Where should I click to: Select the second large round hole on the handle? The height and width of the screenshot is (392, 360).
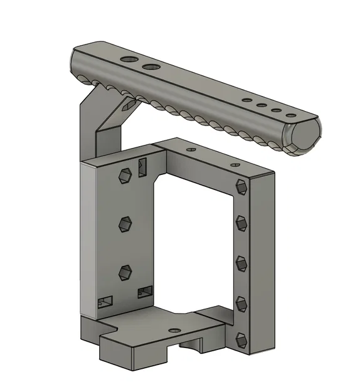[151, 66]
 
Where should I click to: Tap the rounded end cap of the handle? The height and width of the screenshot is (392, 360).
[302, 138]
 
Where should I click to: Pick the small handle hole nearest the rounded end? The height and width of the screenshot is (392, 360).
[290, 115]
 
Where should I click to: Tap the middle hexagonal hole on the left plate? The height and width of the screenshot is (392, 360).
[125, 223]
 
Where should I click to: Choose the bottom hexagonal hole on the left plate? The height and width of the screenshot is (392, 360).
[125, 272]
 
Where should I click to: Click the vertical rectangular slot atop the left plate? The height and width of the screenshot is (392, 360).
[142, 166]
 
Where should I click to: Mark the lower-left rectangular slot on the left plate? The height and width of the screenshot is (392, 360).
[105, 302]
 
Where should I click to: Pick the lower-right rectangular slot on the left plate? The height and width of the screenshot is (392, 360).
[145, 291]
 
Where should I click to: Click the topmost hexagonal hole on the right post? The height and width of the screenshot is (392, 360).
[241, 186]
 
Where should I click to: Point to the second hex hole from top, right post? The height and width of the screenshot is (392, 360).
[241, 223]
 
